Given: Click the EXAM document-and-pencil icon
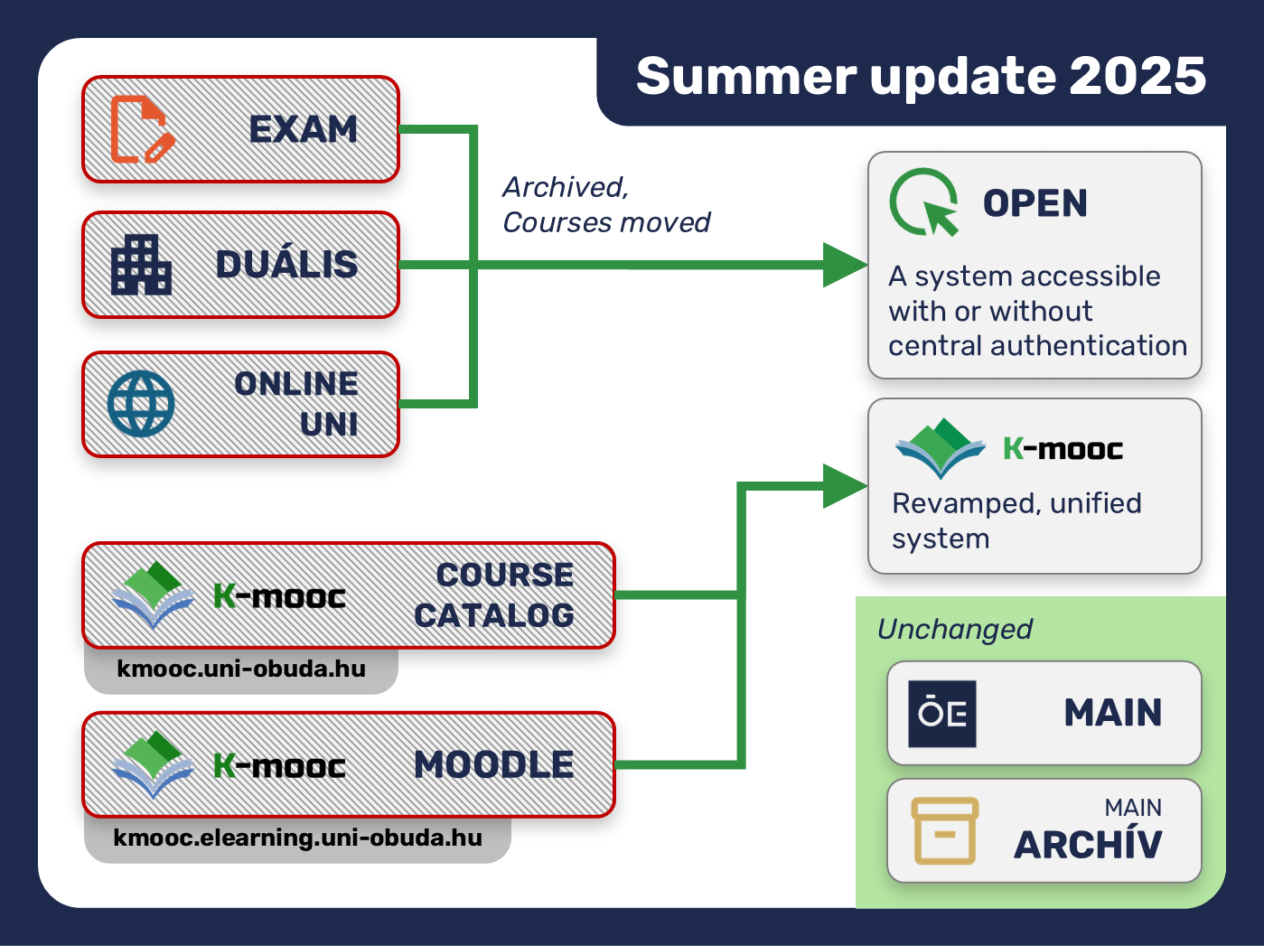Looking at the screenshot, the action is click(x=142, y=129).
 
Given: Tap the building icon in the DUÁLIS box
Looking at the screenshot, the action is click(x=141, y=264).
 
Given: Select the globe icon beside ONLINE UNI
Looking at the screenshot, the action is click(x=141, y=404).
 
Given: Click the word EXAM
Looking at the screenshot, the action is click(x=304, y=129).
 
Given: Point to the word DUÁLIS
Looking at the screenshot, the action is click(x=286, y=264).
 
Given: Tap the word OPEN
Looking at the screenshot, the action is click(x=1035, y=203).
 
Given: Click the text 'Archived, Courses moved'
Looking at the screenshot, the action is click(x=606, y=204).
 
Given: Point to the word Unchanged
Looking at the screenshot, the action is click(x=955, y=630).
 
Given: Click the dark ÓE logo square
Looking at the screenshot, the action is click(x=942, y=714).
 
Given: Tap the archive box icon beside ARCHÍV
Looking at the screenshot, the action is click(x=945, y=831).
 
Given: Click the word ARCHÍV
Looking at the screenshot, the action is click(x=1088, y=845).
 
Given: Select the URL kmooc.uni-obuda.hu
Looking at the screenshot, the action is click(x=241, y=669).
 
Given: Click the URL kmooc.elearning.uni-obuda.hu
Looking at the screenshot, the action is click(x=298, y=838).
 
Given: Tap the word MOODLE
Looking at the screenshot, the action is click(x=494, y=764).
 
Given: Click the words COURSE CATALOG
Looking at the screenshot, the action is click(x=494, y=595).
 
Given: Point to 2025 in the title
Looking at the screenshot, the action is click(x=1138, y=76).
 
